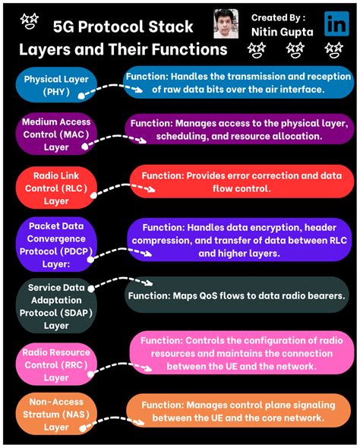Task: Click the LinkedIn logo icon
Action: click(336, 24)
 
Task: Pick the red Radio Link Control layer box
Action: click(56, 187)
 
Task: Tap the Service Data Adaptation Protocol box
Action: click(56, 306)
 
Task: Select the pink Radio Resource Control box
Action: click(56, 364)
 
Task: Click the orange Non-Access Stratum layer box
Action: click(56, 415)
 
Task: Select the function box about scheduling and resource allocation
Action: click(238, 129)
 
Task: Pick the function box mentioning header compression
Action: click(238, 239)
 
